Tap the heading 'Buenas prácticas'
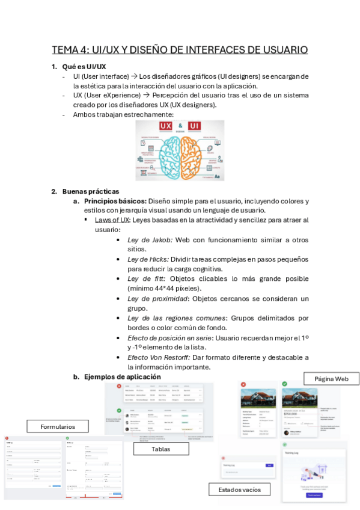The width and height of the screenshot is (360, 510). (x=91, y=191)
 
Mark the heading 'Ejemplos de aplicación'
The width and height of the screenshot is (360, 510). (x=122, y=376)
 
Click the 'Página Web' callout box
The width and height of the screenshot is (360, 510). (x=331, y=378)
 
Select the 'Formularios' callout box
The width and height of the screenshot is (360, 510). (x=58, y=426)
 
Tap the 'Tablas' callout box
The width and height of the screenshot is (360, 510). (x=160, y=449)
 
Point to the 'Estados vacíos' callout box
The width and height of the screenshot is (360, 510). (x=239, y=490)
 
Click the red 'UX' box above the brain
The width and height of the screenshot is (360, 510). (x=165, y=126)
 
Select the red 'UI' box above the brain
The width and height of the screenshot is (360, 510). (x=194, y=126)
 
